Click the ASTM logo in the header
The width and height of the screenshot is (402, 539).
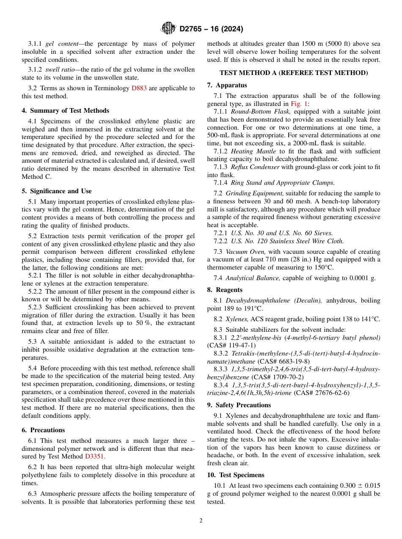(168, 29)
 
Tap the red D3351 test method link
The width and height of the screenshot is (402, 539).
(94, 456)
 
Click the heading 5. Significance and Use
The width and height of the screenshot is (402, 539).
(57, 191)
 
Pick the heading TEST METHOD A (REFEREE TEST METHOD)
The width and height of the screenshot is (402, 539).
(294, 73)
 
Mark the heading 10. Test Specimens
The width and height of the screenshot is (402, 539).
(236, 475)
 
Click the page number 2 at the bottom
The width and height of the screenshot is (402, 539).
(201, 521)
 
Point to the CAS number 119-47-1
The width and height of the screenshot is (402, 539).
(237, 345)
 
